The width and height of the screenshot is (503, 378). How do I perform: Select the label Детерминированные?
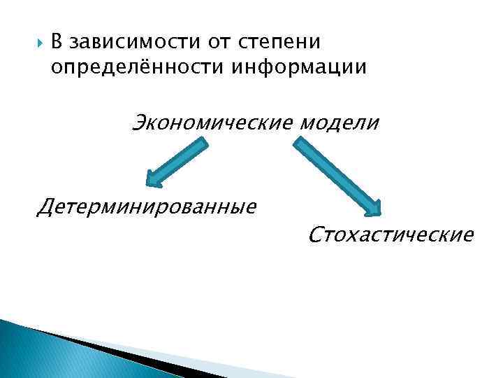click(148, 206)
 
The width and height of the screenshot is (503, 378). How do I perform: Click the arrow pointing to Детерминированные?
click(179, 162)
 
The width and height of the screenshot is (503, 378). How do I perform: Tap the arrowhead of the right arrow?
click(374, 209)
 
